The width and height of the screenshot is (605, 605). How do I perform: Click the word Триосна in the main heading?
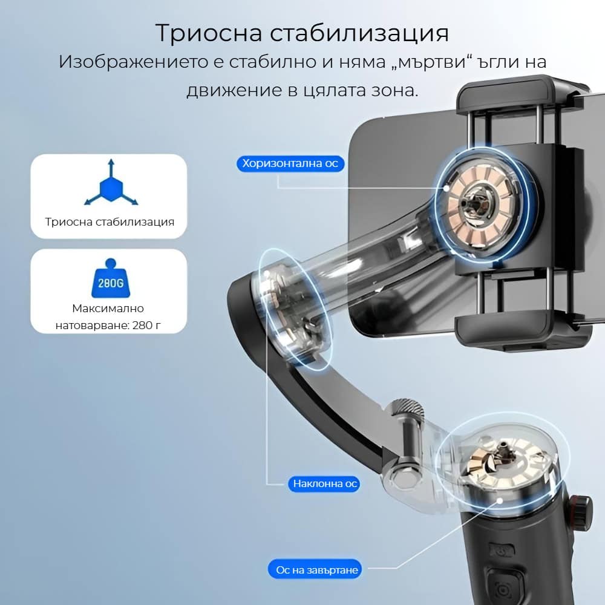coord(209,33)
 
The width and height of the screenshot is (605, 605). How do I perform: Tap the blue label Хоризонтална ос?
coord(290,163)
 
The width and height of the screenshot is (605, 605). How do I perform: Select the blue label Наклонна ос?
coord(324,484)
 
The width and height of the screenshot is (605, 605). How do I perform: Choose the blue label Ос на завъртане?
coord(315,569)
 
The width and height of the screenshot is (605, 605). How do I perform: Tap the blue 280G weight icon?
coord(111,278)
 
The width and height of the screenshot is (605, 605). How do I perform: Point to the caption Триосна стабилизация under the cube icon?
coord(110,222)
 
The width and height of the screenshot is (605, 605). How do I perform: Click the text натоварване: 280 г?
coord(108,325)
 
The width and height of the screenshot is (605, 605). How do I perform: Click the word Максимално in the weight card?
coord(108,309)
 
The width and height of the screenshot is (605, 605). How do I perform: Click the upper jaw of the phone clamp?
coord(523,94)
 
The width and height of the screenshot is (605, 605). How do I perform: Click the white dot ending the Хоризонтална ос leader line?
coord(446,188)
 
